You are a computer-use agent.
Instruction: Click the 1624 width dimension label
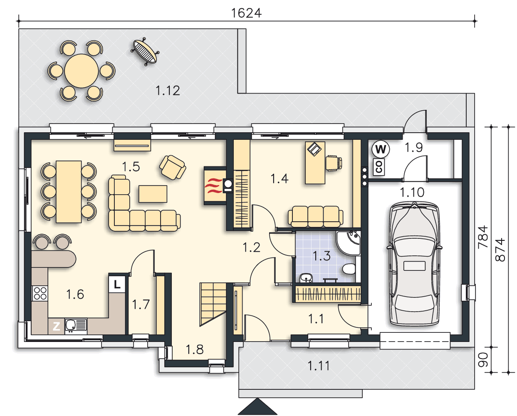pos(246,13)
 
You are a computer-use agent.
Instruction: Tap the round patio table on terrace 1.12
pos(82,71)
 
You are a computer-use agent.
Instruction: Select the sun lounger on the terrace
pos(145,52)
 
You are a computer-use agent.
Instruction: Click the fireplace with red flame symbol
pos(215,186)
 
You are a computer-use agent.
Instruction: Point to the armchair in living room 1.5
pos(173,167)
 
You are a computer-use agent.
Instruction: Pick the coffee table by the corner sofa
pos(153,194)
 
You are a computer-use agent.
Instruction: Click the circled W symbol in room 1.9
pos(381,149)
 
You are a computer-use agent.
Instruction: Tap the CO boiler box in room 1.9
pos(379,167)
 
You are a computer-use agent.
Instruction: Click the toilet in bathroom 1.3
pos(349,269)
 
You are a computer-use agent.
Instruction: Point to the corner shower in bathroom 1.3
pos(349,243)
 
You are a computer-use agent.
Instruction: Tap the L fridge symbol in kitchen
pos(117,285)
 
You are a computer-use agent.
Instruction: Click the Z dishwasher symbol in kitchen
pos(57,327)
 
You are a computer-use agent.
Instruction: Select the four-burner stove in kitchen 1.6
pos(40,294)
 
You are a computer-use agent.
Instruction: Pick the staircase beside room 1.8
pos(213,305)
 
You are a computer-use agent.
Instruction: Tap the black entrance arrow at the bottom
pos(257,406)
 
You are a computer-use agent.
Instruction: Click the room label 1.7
pos(141,305)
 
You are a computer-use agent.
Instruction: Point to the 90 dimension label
pos(483,360)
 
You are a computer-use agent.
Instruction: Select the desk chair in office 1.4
pos(334,163)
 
